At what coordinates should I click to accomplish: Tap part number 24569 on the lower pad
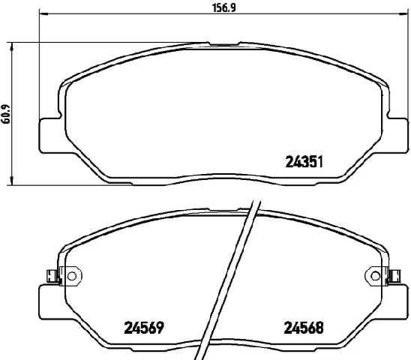pos(143,328)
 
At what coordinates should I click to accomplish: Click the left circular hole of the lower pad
pos(72,276)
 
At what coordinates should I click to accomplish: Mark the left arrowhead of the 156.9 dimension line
pos(40,14)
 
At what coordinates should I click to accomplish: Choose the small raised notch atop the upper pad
pos(219,43)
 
